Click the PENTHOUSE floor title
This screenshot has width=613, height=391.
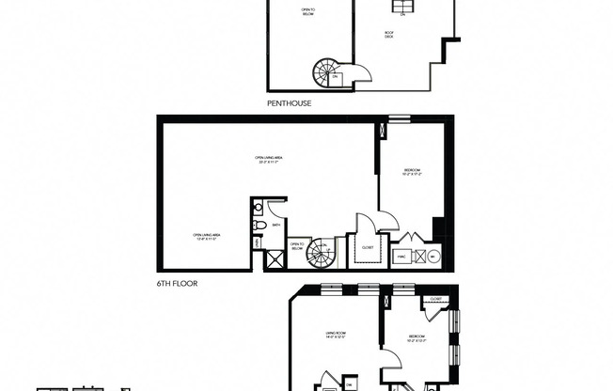(x=290, y=103)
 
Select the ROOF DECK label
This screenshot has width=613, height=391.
(x=388, y=34)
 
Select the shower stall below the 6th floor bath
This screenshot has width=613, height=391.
(x=275, y=259)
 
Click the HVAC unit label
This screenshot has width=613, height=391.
(x=400, y=254)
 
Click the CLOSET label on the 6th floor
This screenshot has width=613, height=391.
(x=367, y=248)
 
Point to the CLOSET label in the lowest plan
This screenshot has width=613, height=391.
(x=435, y=298)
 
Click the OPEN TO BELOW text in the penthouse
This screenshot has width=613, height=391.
(x=308, y=13)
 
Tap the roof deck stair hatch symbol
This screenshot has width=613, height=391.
(x=402, y=8)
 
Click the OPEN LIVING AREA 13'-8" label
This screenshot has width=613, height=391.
(x=211, y=237)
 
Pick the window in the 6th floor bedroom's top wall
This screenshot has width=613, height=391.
(x=400, y=117)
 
